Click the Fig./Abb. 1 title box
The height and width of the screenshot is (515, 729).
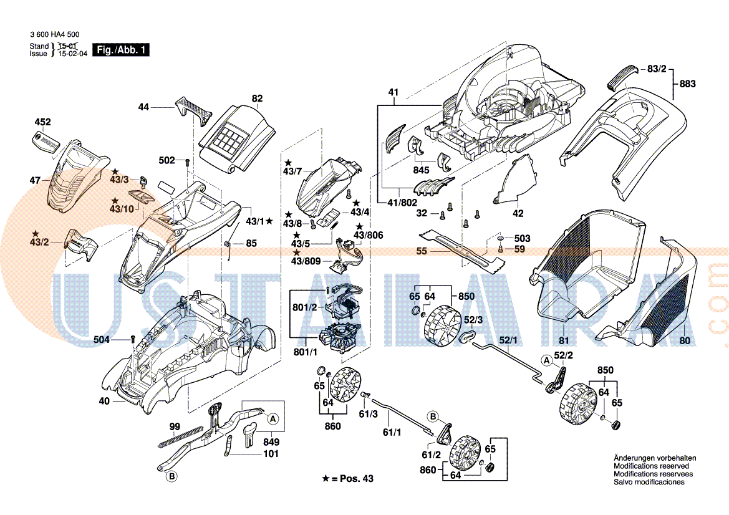(121, 50)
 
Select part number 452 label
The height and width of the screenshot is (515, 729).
(42, 122)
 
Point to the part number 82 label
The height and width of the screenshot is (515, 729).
(257, 99)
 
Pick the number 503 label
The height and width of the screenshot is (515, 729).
(522, 239)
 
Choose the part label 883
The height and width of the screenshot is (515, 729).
(687, 84)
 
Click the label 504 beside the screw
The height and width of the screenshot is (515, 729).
(102, 339)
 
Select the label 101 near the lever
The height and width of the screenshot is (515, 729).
(271, 454)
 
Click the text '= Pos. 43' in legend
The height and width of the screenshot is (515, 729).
(352, 478)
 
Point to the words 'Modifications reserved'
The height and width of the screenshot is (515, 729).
(651, 466)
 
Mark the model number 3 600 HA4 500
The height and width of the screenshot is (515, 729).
(54, 35)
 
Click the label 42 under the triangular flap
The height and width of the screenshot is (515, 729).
(518, 214)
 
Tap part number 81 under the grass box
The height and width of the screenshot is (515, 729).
(564, 340)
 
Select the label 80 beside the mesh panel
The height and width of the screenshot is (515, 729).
(685, 340)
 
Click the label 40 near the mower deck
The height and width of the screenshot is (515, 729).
(104, 402)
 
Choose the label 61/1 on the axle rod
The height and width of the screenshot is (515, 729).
(392, 432)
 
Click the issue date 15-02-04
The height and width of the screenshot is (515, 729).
(73, 54)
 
